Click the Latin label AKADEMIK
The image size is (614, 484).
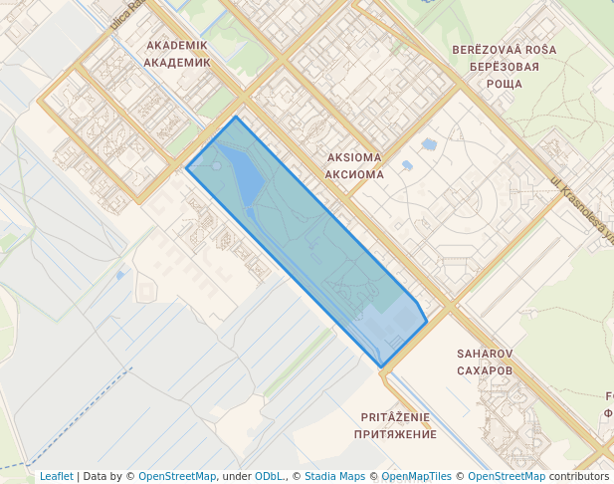pyautogui.click(x=177, y=46)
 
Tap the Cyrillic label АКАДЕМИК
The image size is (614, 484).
pyautogui.click(x=177, y=62)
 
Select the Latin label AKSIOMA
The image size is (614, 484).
pyautogui.click(x=353, y=157)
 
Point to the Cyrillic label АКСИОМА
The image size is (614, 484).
pyautogui.click(x=353, y=173)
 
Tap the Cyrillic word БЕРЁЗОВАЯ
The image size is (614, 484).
pyautogui.click(x=504, y=67)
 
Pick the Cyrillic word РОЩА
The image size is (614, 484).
pyautogui.click(x=504, y=84)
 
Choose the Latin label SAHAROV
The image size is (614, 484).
pyautogui.click(x=485, y=354)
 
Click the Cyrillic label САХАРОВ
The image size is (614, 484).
pyautogui.click(x=485, y=370)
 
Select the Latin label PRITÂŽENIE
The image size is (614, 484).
pyautogui.click(x=394, y=418)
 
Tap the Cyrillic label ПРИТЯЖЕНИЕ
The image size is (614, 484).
pyautogui.click(x=394, y=434)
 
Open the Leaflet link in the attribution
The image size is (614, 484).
pyautogui.click(x=56, y=476)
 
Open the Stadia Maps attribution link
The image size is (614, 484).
pyautogui.click(x=335, y=476)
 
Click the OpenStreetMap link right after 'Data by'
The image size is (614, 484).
pyautogui.click(x=176, y=476)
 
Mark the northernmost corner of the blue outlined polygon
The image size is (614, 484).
pyautogui.click(x=236, y=117)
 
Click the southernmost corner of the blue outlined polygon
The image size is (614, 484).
pyautogui.click(x=380, y=366)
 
